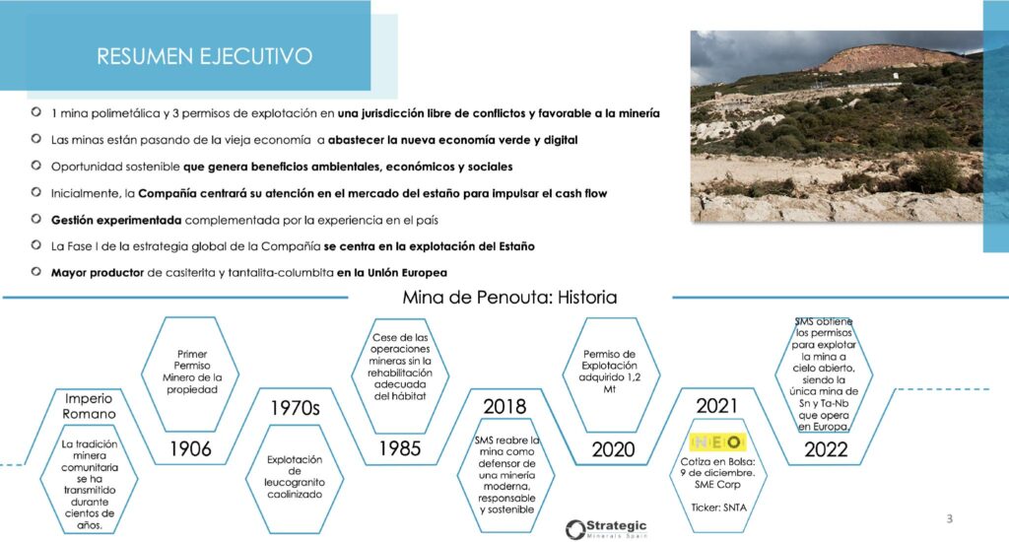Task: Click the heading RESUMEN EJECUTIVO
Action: tap(205, 56)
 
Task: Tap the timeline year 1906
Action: tap(190, 448)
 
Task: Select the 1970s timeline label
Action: tap(295, 407)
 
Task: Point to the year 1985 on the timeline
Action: tap(400, 448)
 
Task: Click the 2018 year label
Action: tap(504, 406)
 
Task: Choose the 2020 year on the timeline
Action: tap(613, 449)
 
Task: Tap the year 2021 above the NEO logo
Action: tap(717, 406)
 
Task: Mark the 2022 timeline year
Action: tap(827, 449)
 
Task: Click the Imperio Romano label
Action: tap(89, 406)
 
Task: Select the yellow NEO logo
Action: tap(717, 442)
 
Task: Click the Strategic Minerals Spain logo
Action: tap(606, 528)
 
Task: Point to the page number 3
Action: tap(949, 518)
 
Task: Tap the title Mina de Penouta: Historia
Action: tap(509, 297)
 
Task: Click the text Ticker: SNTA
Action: tap(718, 508)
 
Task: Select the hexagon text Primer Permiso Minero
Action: tap(192, 372)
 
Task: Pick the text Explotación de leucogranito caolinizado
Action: tap(294, 477)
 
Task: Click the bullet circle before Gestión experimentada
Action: tap(36, 219)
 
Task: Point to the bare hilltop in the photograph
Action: tap(891, 58)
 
